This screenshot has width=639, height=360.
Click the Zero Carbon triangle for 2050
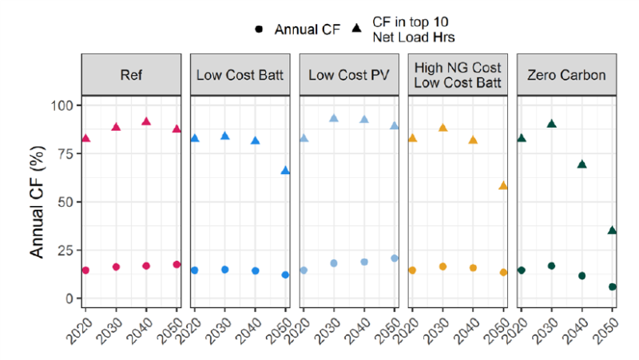click(612, 230)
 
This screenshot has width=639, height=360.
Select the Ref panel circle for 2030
click(116, 267)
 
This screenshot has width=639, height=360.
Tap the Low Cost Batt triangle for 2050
click(285, 170)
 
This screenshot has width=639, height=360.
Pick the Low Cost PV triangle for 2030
click(334, 118)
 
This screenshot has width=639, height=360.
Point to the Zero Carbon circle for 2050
click(612, 287)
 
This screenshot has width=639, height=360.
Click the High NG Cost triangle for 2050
click(503, 185)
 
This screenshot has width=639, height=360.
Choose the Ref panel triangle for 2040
click(146, 121)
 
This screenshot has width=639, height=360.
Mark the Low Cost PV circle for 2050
click(395, 258)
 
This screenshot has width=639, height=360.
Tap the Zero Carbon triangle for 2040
click(581, 164)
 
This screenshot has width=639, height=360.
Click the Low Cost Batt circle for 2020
click(194, 271)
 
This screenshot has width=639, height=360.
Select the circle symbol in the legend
click(259, 30)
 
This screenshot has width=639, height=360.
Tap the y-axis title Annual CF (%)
click(37, 201)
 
